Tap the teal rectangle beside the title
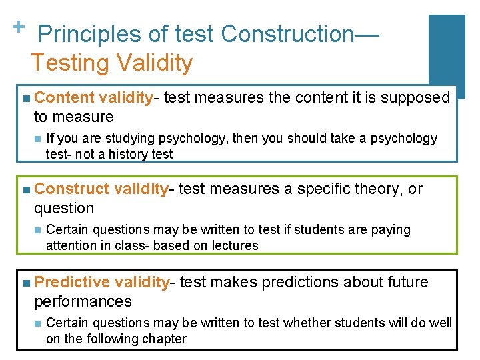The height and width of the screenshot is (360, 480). pyautogui.click(x=446, y=57)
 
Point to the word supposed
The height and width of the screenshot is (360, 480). pyautogui.click(x=420, y=98)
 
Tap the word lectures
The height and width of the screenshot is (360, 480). pyautogui.click(x=234, y=245)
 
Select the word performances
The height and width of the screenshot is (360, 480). pyautogui.click(x=83, y=301)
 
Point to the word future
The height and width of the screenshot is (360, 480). pyautogui.click(x=407, y=282)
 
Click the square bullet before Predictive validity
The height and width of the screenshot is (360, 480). pyautogui.click(x=25, y=283)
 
